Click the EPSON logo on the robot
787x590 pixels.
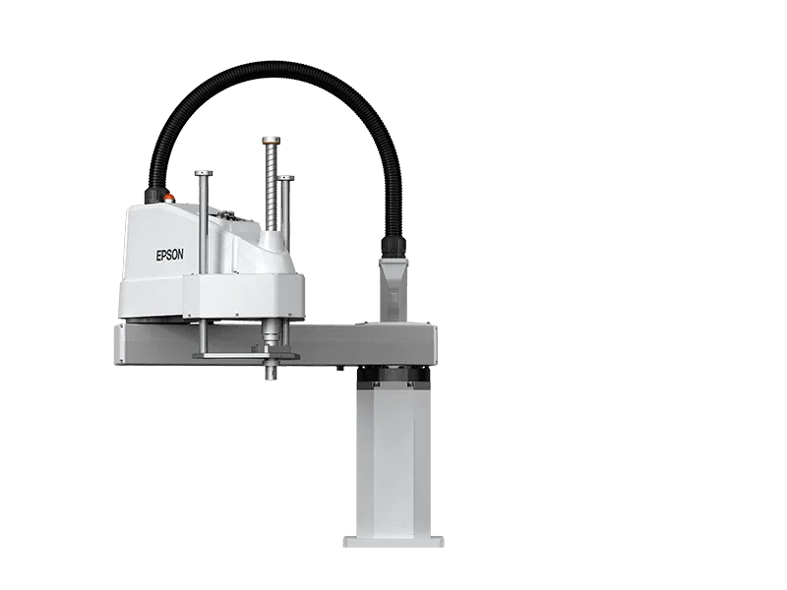pos(169,255)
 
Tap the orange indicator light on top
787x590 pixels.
pos(169,199)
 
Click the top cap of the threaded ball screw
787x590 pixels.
pos(271,140)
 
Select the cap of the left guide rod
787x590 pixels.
pos(204,174)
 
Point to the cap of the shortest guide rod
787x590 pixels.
pos(285,178)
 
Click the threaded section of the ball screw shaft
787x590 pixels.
pos(271,187)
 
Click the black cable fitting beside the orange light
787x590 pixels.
pos(153,195)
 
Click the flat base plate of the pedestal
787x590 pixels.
pos(393,542)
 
